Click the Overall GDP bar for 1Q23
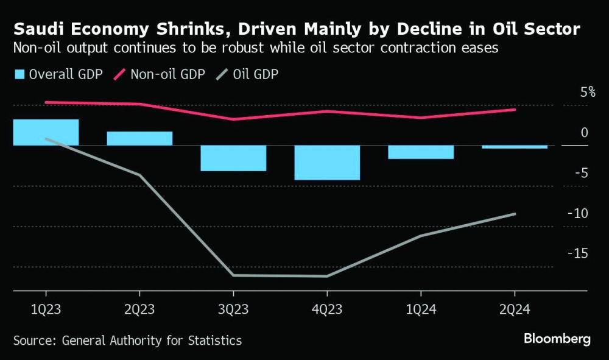click(46, 132)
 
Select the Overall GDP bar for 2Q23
click(139, 138)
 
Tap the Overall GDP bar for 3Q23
click(233, 158)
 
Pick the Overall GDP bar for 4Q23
click(327, 163)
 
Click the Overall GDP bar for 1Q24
click(421, 152)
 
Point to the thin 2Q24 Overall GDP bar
click(515, 147)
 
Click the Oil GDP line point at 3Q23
click(233, 275)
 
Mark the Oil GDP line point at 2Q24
click(515, 214)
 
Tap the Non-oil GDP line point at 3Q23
click(233, 119)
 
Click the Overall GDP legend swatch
click(19, 74)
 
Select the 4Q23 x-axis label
click(327, 309)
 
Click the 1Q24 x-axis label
click(421, 309)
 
